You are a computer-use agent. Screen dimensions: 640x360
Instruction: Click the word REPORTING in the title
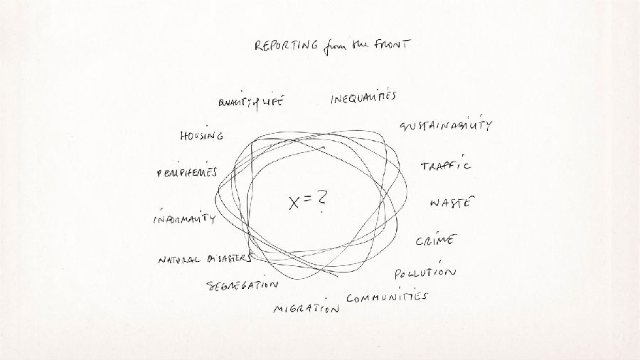click(x=286, y=46)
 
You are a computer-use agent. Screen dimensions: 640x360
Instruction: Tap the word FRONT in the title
click(x=393, y=44)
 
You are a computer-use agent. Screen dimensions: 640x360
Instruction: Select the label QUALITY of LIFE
click(x=251, y=102)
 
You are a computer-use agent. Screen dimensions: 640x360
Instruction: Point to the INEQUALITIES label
click(x=363, y=97)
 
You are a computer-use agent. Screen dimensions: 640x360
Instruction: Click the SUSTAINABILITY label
click(x=446, y=125)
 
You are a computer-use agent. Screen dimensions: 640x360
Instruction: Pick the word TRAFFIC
click(x=445, y=164)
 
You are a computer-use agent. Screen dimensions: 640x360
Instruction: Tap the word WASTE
click(x=452, y=202)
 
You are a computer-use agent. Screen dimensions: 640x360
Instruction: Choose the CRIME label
click(x=436, y=240)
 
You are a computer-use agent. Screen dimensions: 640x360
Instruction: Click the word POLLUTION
click(x=425, y=272)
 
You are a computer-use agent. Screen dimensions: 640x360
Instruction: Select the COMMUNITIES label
click(x=387, y=297)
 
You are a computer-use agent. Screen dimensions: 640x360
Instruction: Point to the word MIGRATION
click(x=306, y=308)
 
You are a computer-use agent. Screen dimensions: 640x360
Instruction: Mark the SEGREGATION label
click(x=242, y=285)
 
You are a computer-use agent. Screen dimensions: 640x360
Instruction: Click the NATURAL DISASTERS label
click(x=205, y=259)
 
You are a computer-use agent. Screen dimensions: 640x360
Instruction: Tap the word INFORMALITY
click(x=184, y=218)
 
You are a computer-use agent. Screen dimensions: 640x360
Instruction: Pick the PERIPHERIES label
click(x=187, y=172)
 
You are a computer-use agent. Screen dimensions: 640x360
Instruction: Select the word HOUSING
click(x=202, y=135)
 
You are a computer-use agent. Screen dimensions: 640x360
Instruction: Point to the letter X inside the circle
click(x=294, y=203)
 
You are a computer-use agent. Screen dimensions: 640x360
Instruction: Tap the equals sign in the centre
click(x=308, y=198)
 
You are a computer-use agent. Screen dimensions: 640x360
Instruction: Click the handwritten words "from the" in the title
click(x=346, y=46)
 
